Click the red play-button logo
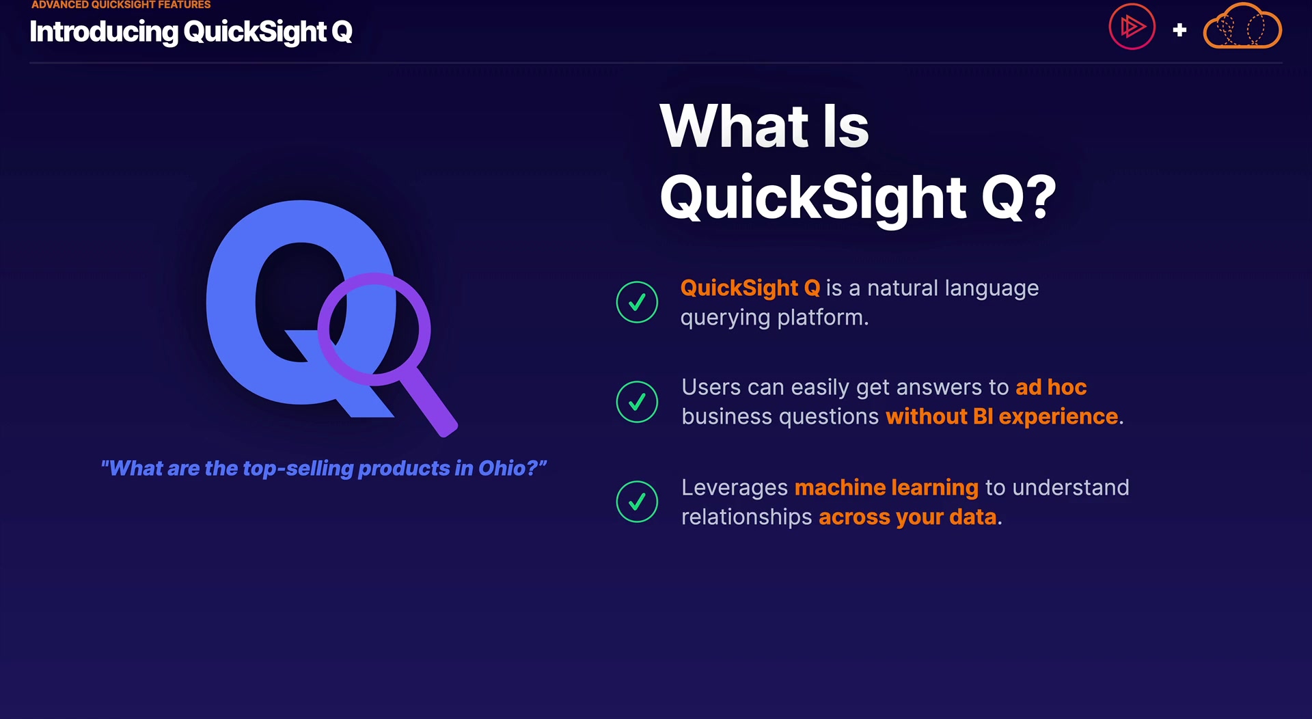point(1132,27)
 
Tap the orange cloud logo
point(1242,26)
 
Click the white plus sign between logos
point(1179,30)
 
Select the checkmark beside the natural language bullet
point(637,302)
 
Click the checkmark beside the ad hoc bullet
point(637,402)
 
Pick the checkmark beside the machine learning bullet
point(637,502)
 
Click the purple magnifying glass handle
point(428,403)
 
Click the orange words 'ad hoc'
point(1051,387)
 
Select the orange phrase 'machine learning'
point(886,487)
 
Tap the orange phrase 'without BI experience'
point(1002,416)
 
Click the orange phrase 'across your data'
point(907,517)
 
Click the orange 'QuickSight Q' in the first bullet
point(750,288)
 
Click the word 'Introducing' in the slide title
point(103,32)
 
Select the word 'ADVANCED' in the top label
point(60,5)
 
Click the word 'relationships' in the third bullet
point(747,517)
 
